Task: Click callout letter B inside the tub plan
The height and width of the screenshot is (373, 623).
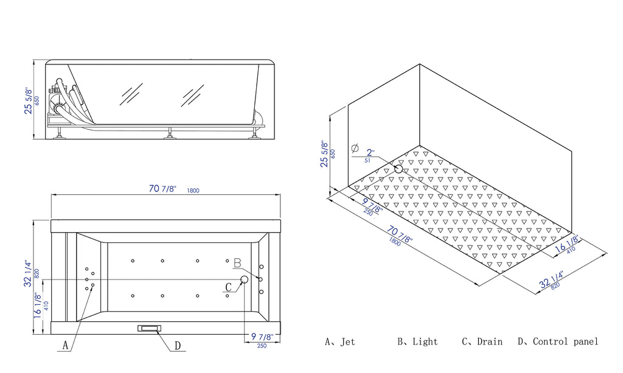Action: (238, 263)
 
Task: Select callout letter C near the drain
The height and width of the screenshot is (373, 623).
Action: (229, 287)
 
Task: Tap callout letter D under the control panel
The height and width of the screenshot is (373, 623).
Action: (178, 346)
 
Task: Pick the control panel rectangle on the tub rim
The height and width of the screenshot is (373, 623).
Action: (149, 328)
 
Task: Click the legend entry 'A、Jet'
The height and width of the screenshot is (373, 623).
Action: (339, 342)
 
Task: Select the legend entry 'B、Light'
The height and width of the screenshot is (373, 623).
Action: (417, 342)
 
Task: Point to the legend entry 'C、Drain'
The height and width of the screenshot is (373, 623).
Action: (482, 342)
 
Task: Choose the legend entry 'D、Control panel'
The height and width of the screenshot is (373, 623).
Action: (557, 342)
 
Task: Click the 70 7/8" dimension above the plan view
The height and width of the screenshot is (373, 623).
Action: (163, 189)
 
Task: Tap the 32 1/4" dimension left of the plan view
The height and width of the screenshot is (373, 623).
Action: (28, 274)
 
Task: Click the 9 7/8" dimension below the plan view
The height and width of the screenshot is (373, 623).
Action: (259, 337)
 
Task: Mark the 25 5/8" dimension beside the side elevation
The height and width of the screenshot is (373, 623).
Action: (28, 100)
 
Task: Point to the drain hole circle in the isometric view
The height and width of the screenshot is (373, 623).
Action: (399, 168)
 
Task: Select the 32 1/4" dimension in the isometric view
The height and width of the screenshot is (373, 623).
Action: (550, 281)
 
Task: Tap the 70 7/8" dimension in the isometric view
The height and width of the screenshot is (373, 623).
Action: (399, 231)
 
